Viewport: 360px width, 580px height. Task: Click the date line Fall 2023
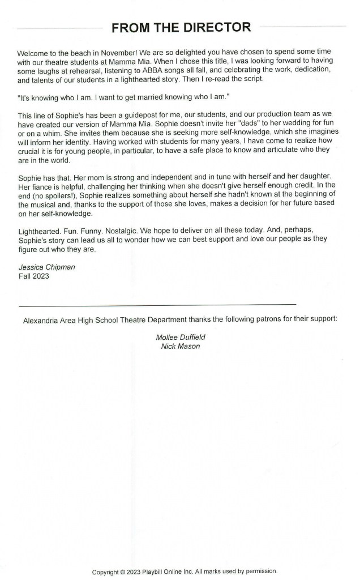point(33,276)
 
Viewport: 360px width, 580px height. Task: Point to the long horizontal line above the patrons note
point(157,305)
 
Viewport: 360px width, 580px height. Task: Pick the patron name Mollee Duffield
point(181,338)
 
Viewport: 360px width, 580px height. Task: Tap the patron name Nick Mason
point(181,346)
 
